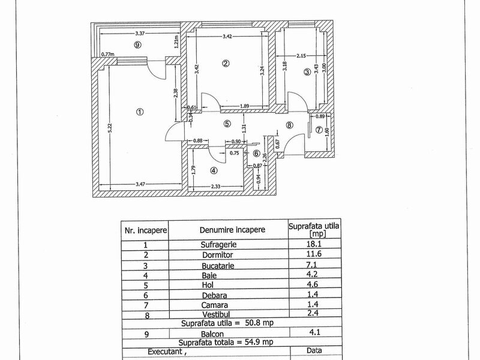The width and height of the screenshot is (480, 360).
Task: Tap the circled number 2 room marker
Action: click(226, 63)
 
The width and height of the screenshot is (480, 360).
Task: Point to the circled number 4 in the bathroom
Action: click(214, 170)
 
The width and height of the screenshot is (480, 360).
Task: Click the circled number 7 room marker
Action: click(319, 130)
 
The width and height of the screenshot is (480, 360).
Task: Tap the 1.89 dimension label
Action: click(245, 107)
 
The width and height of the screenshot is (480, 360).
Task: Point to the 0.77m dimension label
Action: click(108, 55)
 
